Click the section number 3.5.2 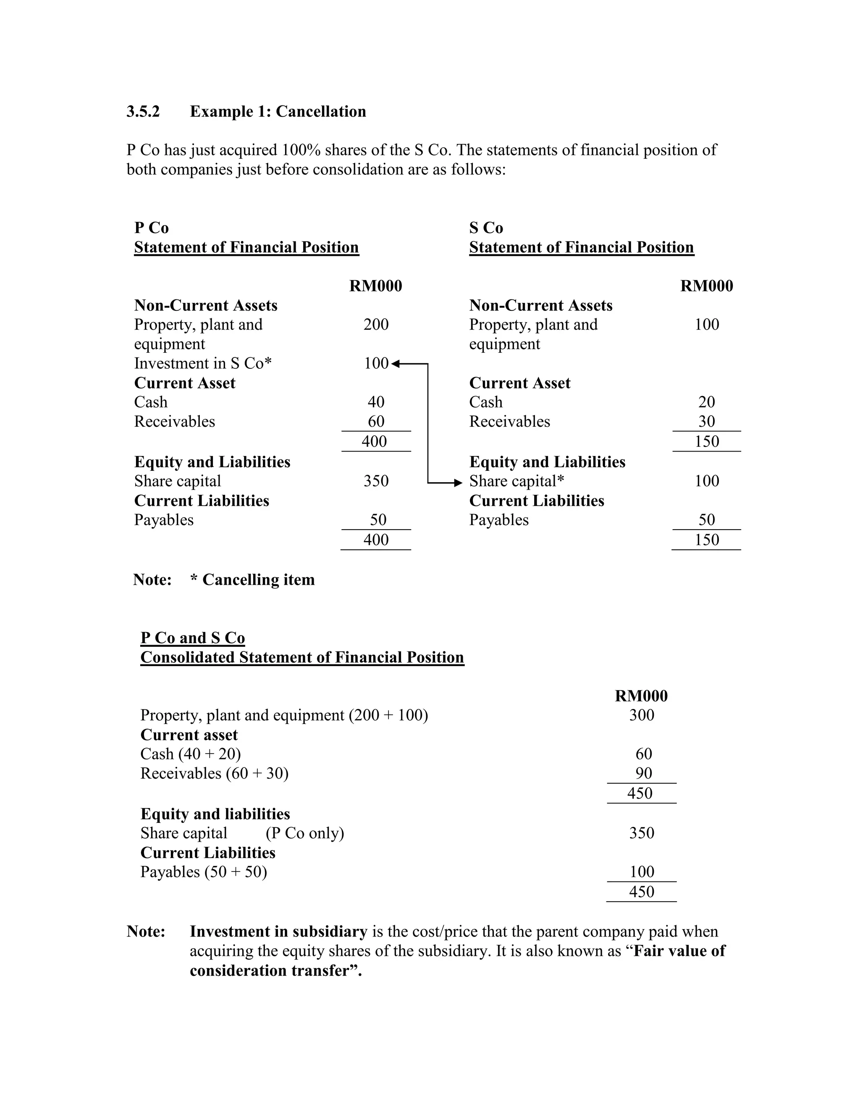143,112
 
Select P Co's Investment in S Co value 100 376,363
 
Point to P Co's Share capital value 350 376,480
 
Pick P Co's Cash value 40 376,402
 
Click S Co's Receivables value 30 707,421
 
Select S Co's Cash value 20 707,402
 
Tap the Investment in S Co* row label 203,363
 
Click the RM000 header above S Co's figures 707,286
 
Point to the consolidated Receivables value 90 643,773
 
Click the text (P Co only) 305,833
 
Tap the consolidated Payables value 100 642,871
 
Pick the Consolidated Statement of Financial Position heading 302,657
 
